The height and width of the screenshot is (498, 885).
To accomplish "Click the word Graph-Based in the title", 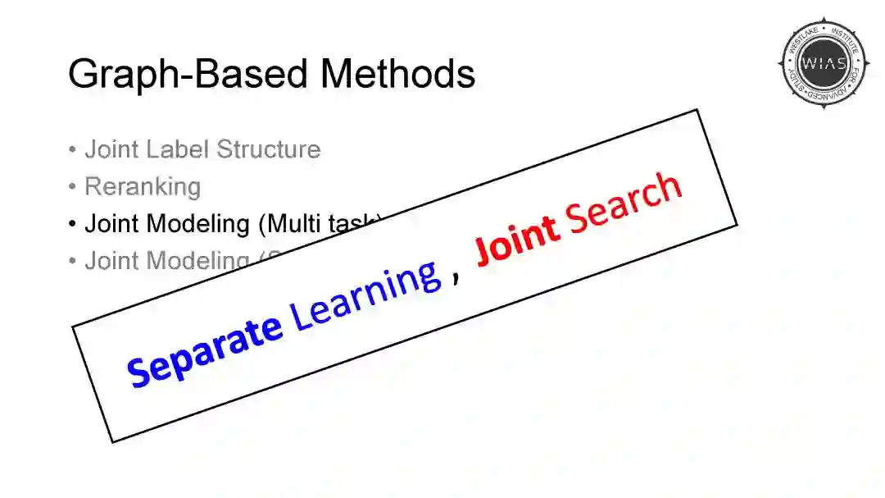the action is click(188, 74).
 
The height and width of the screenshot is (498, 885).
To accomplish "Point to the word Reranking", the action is click(143, 187).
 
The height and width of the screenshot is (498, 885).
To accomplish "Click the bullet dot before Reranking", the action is click(73, 187).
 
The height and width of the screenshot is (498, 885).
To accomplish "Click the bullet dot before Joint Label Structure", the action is click(73, 150).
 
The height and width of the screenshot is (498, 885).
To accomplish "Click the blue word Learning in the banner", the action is click(367, 296).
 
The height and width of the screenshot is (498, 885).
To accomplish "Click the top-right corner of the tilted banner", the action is click(697, 110).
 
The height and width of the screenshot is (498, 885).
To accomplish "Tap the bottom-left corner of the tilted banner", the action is click(112, 442).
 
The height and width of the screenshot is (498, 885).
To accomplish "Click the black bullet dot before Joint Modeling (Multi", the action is click(73, 224).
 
